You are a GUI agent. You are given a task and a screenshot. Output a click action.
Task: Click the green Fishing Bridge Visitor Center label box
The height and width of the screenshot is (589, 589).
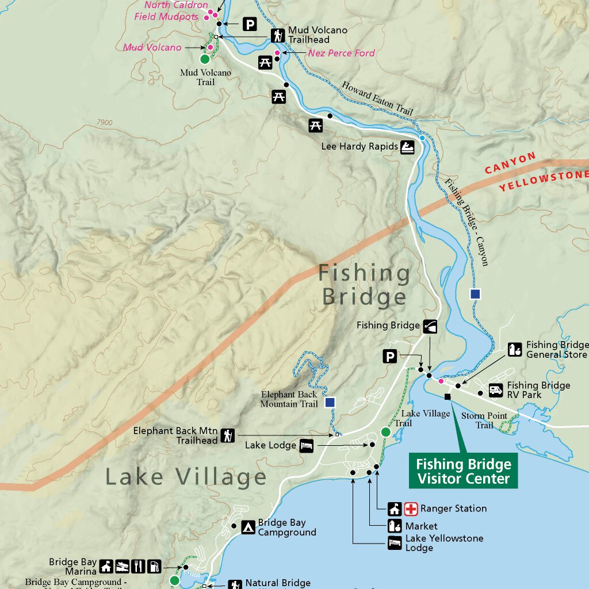[463, 472]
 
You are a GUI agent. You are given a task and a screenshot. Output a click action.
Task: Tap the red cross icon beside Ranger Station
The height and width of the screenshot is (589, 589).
[411, 508]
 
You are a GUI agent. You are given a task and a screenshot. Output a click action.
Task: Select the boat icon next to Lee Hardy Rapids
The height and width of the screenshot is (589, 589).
[407, 146]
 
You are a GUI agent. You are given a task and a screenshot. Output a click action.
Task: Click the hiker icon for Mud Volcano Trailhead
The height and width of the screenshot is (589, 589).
[278, 35]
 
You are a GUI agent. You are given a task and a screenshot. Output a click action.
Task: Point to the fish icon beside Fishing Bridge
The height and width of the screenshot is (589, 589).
[430, 326]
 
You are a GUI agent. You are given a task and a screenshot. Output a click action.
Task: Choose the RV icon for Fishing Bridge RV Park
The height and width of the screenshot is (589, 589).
[496, 391]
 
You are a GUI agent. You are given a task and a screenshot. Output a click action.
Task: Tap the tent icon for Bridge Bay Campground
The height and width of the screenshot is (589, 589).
[248, 527]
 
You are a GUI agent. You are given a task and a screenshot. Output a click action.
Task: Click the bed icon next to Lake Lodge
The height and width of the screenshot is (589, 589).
[307, 445]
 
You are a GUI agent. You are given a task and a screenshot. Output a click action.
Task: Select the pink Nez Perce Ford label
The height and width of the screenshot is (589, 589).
[341, 53]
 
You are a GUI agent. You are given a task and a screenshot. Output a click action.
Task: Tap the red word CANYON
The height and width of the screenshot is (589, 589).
[510, 163]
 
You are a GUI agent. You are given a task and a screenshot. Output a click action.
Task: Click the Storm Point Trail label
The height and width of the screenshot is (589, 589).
[484, 420]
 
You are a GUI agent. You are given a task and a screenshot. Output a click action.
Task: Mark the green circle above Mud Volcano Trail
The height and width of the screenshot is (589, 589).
[204, 59]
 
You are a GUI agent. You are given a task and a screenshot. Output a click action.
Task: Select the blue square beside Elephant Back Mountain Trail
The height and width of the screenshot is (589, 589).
[330, 402]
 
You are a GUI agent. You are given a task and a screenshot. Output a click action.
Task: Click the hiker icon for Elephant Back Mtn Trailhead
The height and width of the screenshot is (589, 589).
[228, 435]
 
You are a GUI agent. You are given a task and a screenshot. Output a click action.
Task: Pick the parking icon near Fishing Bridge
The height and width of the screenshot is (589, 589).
[390, 357]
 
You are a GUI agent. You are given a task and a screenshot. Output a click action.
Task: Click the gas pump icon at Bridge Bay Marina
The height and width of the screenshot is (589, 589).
[154, 567]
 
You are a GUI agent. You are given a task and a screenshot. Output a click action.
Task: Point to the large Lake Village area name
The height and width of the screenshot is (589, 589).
[186, 477]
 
